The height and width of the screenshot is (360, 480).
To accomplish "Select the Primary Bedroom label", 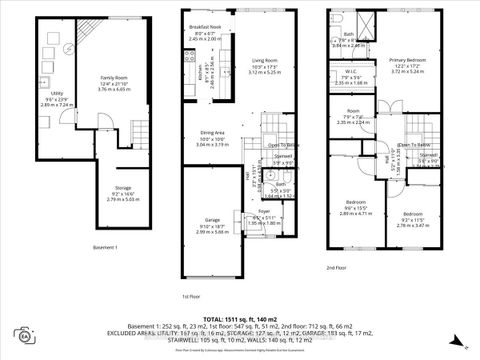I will [407, 64].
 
